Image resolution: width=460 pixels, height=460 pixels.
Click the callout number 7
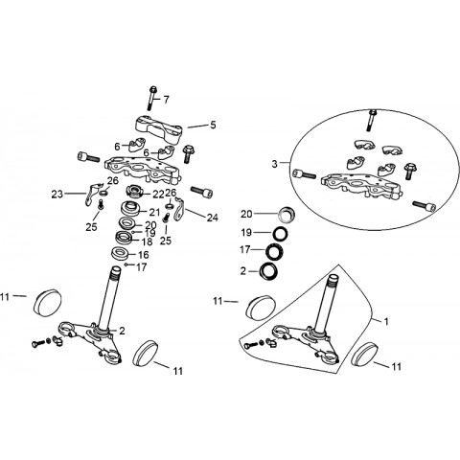166,100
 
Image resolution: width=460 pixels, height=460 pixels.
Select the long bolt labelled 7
152,98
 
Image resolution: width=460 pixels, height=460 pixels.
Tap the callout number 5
213,125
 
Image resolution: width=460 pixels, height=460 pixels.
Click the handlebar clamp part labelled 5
159,128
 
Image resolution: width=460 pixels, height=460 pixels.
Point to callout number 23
57,194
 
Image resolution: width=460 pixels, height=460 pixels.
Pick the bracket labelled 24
180,209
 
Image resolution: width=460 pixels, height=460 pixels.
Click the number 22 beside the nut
158,194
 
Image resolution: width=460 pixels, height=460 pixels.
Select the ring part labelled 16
120,254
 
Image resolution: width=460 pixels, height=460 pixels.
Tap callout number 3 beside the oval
275,164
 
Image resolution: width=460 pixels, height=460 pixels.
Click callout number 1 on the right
386,321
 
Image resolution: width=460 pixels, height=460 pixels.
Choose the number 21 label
155,212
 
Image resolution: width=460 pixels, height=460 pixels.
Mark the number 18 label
147,241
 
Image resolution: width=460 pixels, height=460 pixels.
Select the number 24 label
212,218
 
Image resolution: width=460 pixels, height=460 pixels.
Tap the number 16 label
144,255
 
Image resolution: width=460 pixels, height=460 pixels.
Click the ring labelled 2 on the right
268,271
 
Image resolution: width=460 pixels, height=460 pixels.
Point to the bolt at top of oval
371,120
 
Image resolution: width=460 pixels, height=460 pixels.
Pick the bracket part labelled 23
91,195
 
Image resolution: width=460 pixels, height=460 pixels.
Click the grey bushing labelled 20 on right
286,215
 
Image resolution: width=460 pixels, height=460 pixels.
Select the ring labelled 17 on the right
274,251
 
